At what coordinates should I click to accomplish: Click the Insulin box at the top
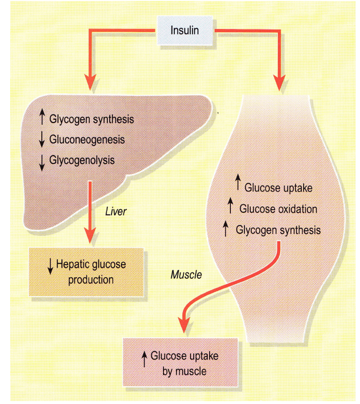[184, 30]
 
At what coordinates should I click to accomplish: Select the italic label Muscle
[186, 275]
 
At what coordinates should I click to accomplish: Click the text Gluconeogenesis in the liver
[87, 139]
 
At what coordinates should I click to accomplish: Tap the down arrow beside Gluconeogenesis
[42, 140]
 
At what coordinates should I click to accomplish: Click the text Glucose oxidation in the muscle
[278, 209]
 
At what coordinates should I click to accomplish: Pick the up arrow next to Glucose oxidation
[230, 208]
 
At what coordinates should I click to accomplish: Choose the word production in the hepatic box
[91, 280]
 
